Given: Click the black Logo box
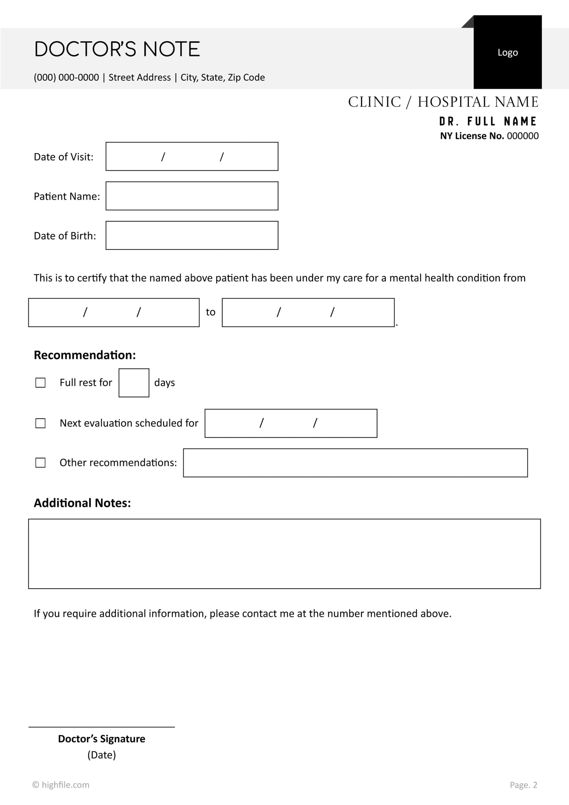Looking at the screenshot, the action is [x=507, y=52].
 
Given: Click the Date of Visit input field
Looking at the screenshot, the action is [x=192, y=156].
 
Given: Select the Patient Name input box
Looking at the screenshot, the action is [x=192, y=196].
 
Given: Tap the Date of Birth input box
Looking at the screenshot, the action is [x=192, y=235].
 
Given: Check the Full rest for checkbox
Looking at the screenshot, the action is [x=40, y=382].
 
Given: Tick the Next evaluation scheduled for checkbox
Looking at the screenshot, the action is [x=40, y=423].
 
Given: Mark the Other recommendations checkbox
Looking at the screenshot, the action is [x=40, y=463].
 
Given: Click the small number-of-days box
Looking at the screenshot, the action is [x=134, y=383].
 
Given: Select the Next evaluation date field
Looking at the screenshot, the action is [x=291, y=423].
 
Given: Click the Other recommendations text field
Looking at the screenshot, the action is [x=355, y=463].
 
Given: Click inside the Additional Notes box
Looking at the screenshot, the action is [x=284, y=554].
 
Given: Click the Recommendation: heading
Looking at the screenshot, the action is [x=84, y=355].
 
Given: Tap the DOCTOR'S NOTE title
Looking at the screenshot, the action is [x=117, y=49].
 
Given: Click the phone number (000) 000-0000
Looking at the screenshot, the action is [x=66, y=77].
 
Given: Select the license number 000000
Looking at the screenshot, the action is [x=522, y=136].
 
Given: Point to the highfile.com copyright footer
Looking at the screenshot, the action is [x=61, y=785].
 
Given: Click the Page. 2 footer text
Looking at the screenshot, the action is [x=523, y=785].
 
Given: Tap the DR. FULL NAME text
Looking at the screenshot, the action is [x=488, y=121].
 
